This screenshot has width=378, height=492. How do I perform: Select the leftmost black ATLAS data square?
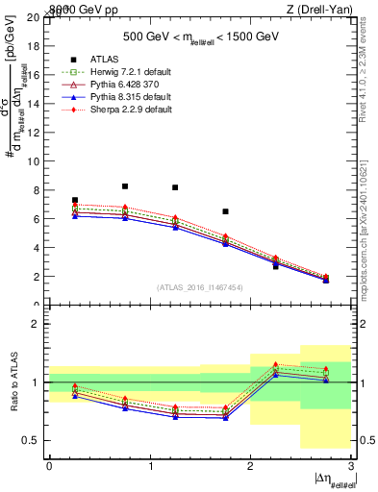pyautogui.click(x=75, y=200)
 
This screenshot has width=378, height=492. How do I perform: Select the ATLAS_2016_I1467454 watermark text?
pyautogui.click(x=199, y=287)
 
